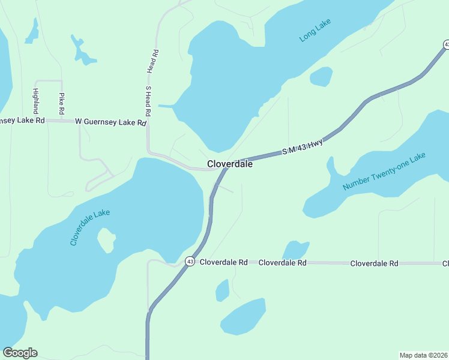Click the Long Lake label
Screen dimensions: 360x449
pos(315,32)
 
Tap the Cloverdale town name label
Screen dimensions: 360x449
pos(229,164)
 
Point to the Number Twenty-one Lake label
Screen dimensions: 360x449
pos(384,172)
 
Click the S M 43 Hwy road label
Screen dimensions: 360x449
pos(303,148)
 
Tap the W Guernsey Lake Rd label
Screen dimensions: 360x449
pos(111,122)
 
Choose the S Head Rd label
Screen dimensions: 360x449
pos(148,101)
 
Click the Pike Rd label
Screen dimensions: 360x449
pos(61,103)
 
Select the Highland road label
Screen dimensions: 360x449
pos(35,101)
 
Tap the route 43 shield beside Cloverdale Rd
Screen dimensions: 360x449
pos(190,262)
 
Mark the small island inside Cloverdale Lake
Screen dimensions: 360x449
pos(106,241)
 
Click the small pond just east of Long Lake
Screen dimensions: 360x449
pos(321,76)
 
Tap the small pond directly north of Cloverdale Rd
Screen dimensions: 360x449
pos(295,250)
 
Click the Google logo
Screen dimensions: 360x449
pos(20,353)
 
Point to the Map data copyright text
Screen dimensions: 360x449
pos(423,355)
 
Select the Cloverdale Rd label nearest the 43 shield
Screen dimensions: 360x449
pos(224,263)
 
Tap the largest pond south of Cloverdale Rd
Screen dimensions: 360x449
pos(243,317)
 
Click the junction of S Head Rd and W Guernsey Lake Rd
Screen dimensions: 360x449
pos(148,122)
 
